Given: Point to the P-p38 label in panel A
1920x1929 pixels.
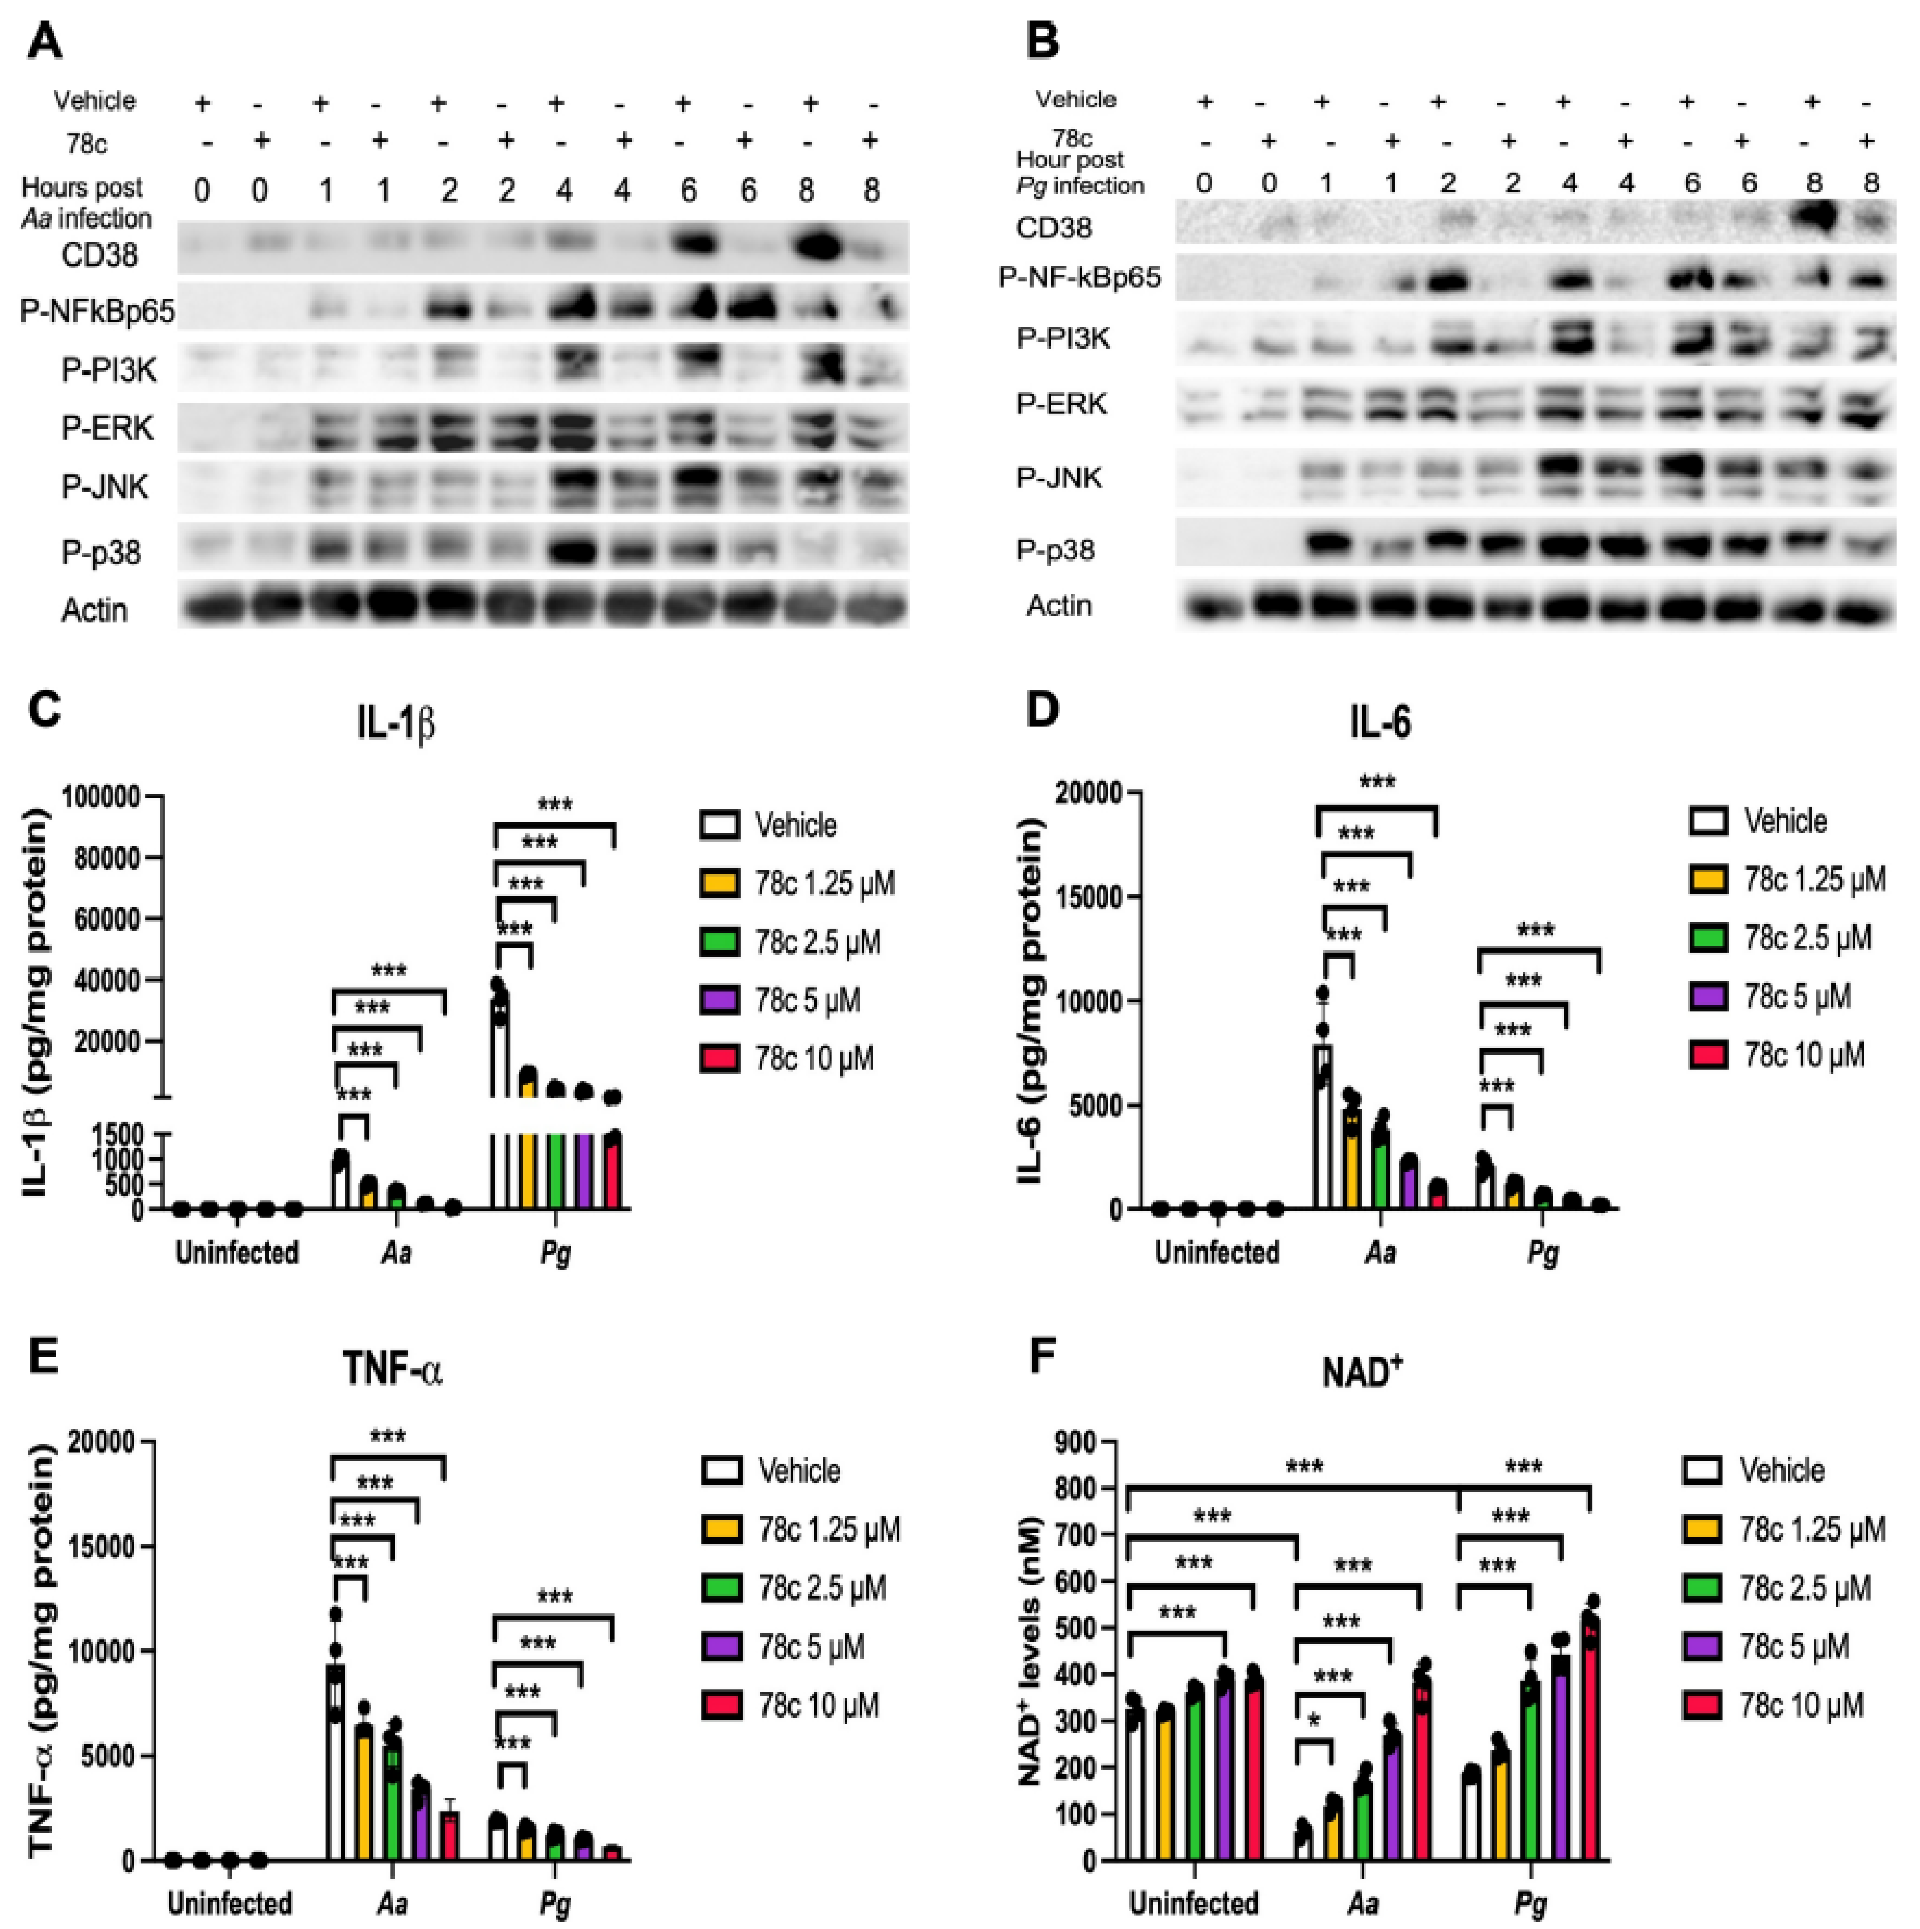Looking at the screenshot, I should pos(101,552).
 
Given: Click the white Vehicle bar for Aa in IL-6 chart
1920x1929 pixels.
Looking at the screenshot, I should pos(1323,1128).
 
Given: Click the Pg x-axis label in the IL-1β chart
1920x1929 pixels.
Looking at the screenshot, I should pos(555,1252).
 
